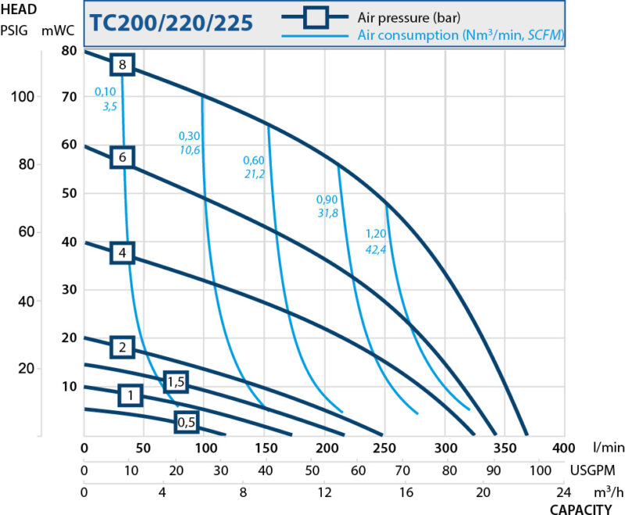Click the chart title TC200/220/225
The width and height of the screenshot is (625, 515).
pyautogui.click(x=171, y=23)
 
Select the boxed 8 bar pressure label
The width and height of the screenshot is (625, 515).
pyautogui.click(x=123, y=65)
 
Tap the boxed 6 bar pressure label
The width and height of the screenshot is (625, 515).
pyautogui.click(x=123, y=157)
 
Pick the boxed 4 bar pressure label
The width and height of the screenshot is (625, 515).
pyautogui.click(x=123, y=253)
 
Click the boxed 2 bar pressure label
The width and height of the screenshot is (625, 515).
pyautogui.click(x=123, y=348)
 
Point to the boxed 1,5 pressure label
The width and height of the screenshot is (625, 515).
pyautogui.click(x=177, y=381)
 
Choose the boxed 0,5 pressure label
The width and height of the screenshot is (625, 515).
pyautogui.click(x=186, y=423)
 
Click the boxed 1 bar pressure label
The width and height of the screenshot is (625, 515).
pyautogui.click(x=130, y=395)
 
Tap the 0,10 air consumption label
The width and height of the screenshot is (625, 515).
pyautogui.click(x=105, y=91)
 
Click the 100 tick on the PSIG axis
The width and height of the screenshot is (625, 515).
pyautogui.click(x=24, y=96)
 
